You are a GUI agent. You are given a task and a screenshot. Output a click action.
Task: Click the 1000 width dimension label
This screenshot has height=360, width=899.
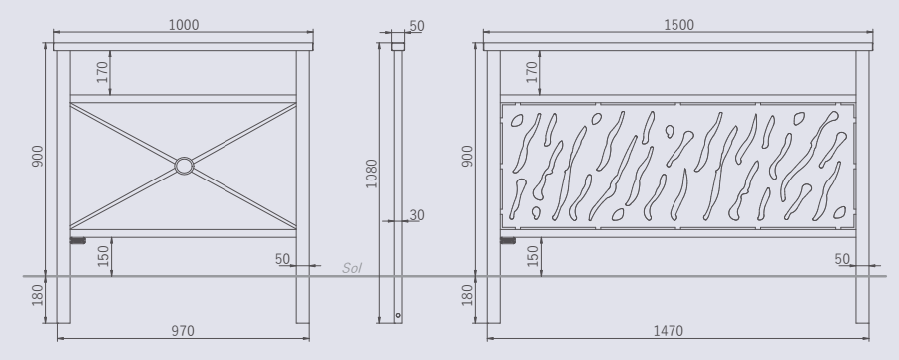point(184,25)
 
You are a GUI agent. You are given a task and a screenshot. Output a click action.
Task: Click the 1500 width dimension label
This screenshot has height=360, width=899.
point(678,25)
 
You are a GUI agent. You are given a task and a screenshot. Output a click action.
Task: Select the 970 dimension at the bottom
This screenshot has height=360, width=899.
point(183,331)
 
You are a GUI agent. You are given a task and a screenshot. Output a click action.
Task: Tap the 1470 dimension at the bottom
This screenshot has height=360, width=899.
point(669,331)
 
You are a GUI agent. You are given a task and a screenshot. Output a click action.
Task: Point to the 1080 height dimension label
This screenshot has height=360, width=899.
point(371,174)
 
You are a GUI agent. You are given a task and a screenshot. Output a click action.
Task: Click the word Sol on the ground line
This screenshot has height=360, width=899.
point(352,268)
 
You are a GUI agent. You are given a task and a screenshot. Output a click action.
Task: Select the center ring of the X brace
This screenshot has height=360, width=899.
point(184,166)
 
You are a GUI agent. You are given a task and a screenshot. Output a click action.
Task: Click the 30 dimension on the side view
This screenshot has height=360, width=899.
point(417,215)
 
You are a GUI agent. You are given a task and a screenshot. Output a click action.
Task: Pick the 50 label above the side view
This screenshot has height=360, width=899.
point(417,26)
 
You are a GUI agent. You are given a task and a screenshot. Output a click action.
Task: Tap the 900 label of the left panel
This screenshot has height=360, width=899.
point(38,156)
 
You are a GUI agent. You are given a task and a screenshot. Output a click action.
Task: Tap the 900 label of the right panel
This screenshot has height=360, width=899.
point(468,156)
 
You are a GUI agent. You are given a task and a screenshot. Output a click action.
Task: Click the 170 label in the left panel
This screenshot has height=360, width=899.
point(103,72)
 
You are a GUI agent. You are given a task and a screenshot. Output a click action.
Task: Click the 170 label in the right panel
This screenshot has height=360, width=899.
point(532,72)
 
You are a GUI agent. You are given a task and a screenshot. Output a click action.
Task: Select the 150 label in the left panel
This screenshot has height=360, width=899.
point(103,257)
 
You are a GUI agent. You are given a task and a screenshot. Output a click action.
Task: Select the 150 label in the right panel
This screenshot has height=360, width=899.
point(533,257)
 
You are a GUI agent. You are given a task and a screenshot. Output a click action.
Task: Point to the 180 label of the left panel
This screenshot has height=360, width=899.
point(38,294)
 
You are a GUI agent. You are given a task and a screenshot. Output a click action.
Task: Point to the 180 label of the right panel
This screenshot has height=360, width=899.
point(468,294)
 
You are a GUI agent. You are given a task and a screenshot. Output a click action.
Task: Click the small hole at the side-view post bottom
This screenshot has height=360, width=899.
point(398,315)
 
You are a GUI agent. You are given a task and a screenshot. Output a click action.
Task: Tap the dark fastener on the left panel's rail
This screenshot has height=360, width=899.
point(78,240)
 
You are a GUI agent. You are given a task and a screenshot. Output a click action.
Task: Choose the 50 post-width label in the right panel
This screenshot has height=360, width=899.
point(842,259)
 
